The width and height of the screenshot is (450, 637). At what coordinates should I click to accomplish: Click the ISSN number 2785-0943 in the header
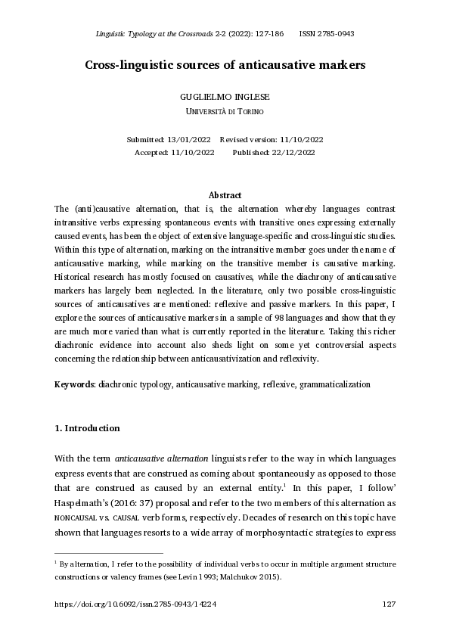click(335, 34)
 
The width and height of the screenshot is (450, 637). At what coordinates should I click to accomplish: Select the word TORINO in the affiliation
click(250, 111)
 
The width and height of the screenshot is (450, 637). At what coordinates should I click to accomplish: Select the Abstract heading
click(225, 195)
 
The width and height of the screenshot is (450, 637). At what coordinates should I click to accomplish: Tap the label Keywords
click(74, 384)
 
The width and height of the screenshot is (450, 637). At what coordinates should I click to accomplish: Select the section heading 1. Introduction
click(87, 428)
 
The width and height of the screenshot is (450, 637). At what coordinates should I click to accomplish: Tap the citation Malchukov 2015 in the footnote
click(253, 576)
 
